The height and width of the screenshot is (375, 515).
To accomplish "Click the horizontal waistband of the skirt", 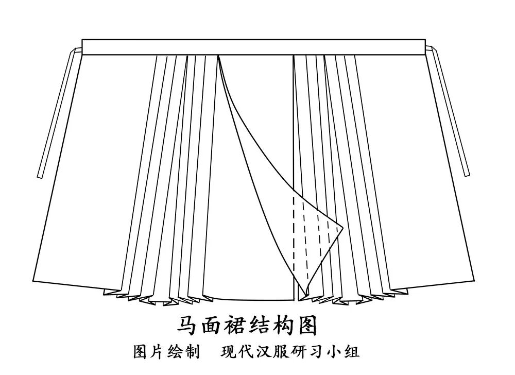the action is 254,47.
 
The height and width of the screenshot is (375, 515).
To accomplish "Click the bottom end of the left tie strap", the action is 40,176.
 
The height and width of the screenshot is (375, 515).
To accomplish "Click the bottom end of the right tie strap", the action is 467,174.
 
